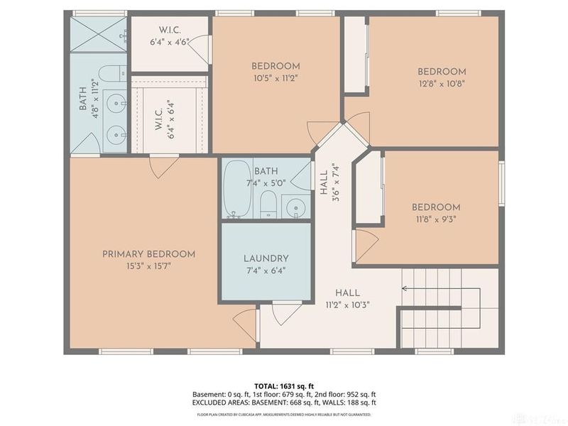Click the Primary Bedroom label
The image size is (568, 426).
[x=148, y=254]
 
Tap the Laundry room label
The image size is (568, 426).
[x=266, y=258]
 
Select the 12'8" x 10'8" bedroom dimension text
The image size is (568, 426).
[x=442, y=82]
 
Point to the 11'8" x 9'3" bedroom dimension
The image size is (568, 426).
[x=436, y=219]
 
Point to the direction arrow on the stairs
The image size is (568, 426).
[x=405, y=288]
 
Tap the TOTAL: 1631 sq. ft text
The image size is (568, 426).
[x=284, y=386]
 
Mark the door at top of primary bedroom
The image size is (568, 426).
[x=165, y=166]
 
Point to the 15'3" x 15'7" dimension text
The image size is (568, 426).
[x=148, y=266]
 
